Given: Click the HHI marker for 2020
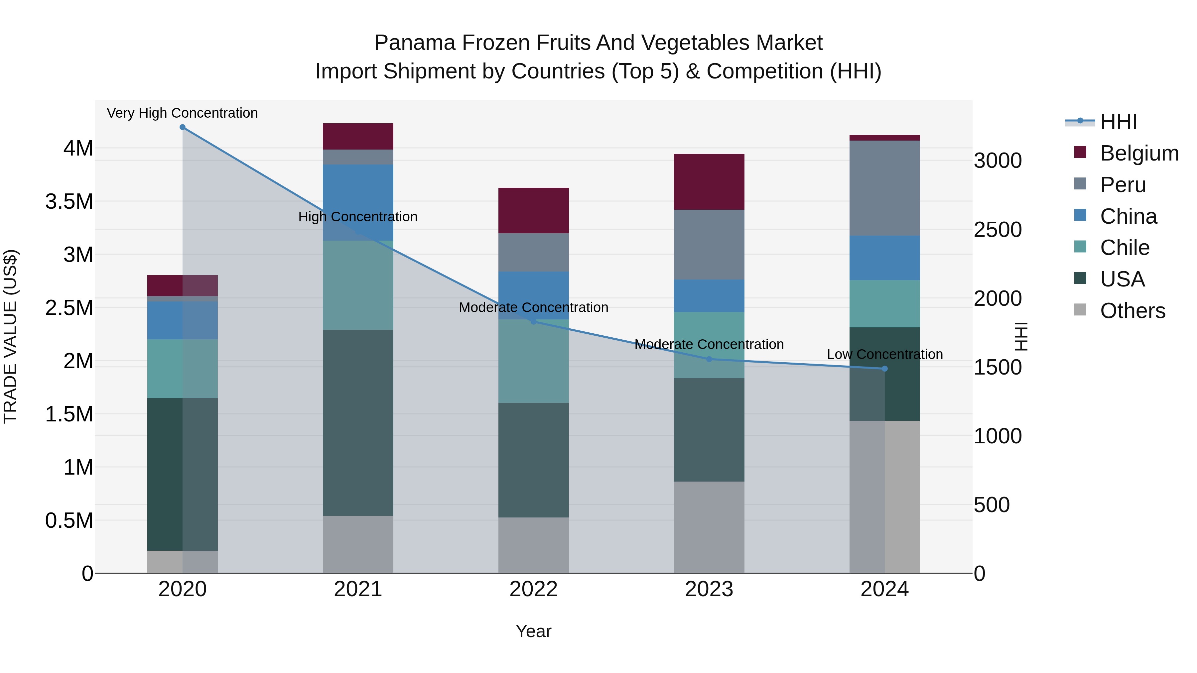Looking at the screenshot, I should pos(183,127).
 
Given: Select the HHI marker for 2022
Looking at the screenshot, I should pos(533,321).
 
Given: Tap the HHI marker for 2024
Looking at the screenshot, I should pos(885,369).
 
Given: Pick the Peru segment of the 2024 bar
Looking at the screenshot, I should pos(885,188).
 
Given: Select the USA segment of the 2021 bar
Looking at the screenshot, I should pos(358,423).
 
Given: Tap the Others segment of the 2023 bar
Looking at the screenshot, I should pos(709,527).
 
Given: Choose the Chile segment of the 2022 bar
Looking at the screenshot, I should pos(533,361).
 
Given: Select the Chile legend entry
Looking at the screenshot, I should pos(1125,248).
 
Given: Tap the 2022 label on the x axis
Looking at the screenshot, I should pos(533,589).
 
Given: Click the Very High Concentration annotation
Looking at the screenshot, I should pos(182,113).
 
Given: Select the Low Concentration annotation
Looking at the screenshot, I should pos(885,354).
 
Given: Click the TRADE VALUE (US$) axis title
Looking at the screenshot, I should pos(11,336).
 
